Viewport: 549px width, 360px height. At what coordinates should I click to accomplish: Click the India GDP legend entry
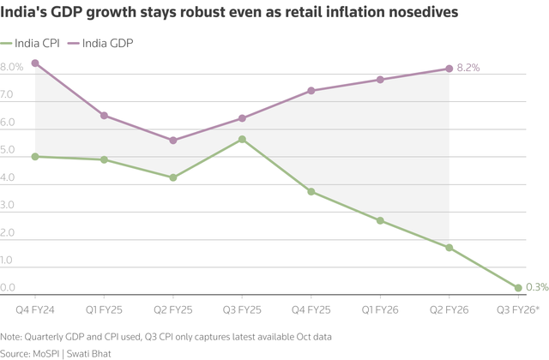pyautogui.click(x=107, y=43)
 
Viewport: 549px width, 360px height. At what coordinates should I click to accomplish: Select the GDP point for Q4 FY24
pyautogui.click(x=35, y=63)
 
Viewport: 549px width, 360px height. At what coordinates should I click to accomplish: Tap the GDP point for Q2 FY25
pyautogui.click(x=173, y=141)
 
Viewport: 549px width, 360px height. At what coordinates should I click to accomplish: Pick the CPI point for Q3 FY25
pyautogui.click(x=242, y=139)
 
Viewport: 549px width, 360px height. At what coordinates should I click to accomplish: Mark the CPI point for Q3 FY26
pyautogui.click(x=518, y=288)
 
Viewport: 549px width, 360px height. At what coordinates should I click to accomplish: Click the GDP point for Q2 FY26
pyautogui.click(x=449, y=69)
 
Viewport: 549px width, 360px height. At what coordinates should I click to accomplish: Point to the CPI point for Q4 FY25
pyautogui.click(x=311, y=191)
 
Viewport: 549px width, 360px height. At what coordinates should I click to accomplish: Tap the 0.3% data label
pyautogui.click(x=538, y=287)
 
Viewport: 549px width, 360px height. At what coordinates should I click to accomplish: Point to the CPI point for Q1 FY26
pyautogui.click(x=380, y=220)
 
